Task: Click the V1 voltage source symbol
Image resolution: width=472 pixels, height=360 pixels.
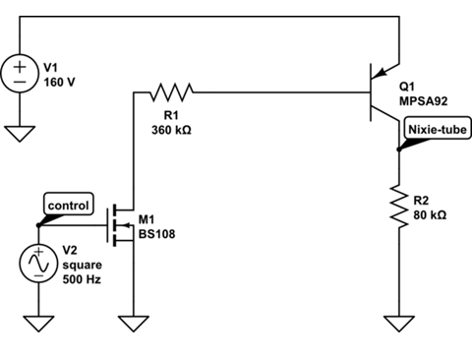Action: (21, 75)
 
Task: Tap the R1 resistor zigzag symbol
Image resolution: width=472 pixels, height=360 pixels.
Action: (172, 92)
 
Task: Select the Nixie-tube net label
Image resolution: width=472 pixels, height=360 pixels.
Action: (436, 128)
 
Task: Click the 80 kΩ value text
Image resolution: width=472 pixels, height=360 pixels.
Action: (434, 213)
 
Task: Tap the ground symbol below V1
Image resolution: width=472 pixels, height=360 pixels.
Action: (21, 131)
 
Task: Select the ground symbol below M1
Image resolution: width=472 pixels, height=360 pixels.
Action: (131, 323)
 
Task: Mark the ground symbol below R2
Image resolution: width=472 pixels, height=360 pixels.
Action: (398, 323)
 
